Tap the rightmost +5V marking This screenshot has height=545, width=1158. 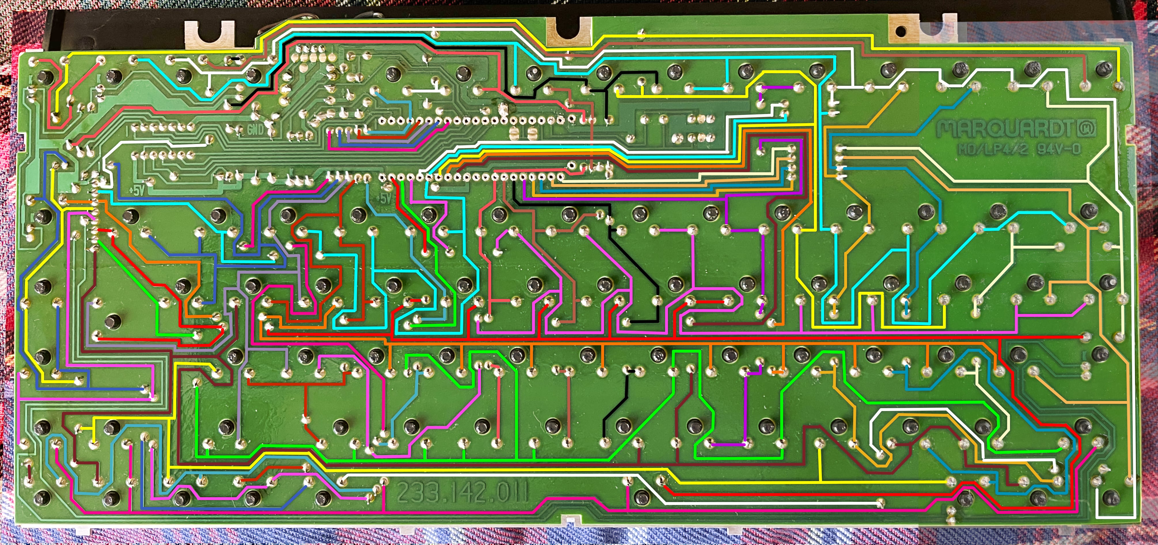384,198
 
